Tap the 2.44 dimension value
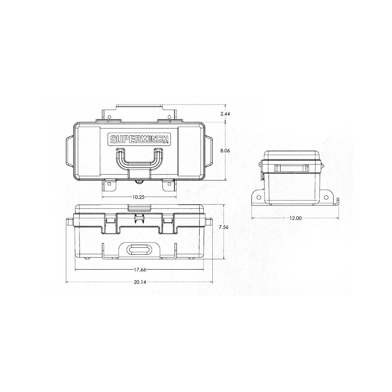(225, 114)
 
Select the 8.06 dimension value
(225, 150)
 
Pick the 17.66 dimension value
(139, 270)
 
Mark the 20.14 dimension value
(139, 282)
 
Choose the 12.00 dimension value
(295, 218)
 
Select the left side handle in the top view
(69, 150)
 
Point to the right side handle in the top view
(210, 150)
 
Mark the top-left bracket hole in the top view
(108, 116)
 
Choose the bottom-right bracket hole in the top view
(169, 186)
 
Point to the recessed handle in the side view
(292, 168)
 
